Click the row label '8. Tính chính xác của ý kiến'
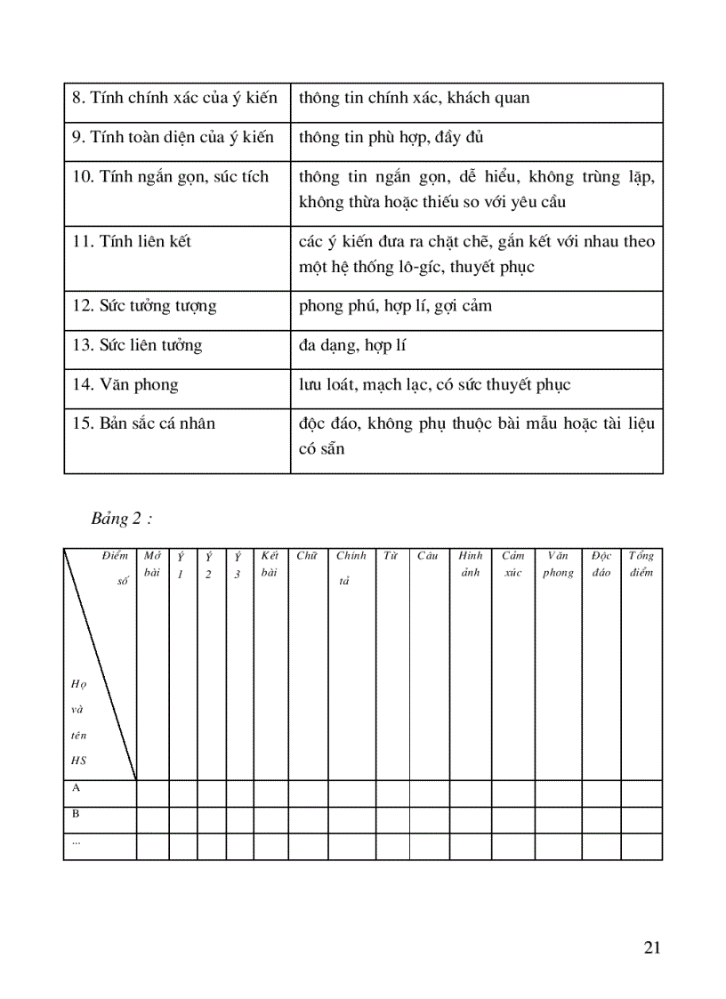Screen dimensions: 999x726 click(174, 98)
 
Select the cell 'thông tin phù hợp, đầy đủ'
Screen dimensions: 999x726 click(391, 138)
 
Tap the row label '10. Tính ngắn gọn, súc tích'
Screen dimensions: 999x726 click(170, 177)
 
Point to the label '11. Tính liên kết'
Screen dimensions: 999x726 click(132, 242)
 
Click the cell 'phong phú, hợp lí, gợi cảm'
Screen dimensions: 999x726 click(396, 307)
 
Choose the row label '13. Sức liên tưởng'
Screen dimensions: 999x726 click(137, 345)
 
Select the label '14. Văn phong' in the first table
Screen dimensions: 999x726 click(125, 385)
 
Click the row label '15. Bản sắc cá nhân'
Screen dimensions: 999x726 click(144, 423)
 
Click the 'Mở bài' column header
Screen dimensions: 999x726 click(152, 564)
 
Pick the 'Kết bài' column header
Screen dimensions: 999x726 click(270, 564)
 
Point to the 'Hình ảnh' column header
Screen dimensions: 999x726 click(471, 564)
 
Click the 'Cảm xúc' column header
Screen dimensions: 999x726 click(512, 564)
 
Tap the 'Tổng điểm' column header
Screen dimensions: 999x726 click(641, 564)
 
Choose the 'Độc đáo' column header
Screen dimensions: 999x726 click(601, 564)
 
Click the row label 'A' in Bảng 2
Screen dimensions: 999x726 click(76, 787)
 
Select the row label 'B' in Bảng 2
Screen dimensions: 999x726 click(76, 813)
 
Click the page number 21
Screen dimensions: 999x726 click(651, 947)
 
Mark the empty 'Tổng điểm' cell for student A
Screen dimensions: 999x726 click(641, 794)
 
